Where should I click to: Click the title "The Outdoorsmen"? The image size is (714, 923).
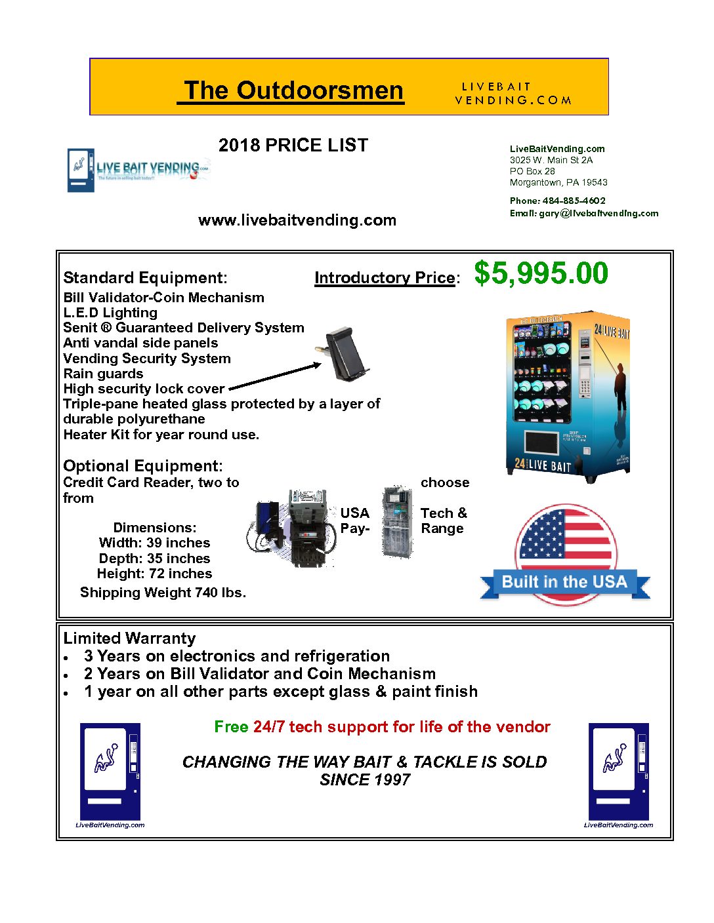[293, 90]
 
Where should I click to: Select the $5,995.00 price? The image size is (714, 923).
[541, 273]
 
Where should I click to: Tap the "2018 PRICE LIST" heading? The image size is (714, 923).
[293, 145]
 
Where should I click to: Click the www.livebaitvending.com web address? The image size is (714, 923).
[297, 220]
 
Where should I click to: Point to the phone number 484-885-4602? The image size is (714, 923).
[573, 201]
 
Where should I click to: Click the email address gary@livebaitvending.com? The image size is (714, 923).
[598, 213]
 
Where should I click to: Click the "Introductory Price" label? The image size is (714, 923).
[385, 278]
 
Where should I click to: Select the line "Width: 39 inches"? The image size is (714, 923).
[154, 543]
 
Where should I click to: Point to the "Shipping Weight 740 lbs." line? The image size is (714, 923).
[163, 593]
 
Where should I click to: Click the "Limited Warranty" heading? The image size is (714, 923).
[129, 638]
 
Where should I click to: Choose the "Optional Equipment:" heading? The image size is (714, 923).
[142, 466]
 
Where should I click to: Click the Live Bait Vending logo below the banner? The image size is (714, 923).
[138, 170]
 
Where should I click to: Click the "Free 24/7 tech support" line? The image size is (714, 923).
[382, 727]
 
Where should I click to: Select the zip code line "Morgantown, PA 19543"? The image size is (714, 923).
[558, 182]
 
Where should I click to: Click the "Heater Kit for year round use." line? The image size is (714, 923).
[161, 435]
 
